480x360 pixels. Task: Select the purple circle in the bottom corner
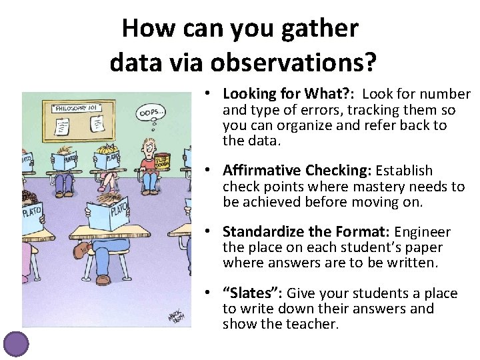tap(16, 344)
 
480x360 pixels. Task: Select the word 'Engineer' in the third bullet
tap(423, 233)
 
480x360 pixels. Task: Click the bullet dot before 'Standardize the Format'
tap(209, 231)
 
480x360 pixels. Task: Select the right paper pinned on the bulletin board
tap(97, 123)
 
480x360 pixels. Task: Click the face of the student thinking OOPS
tap(149, 148)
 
